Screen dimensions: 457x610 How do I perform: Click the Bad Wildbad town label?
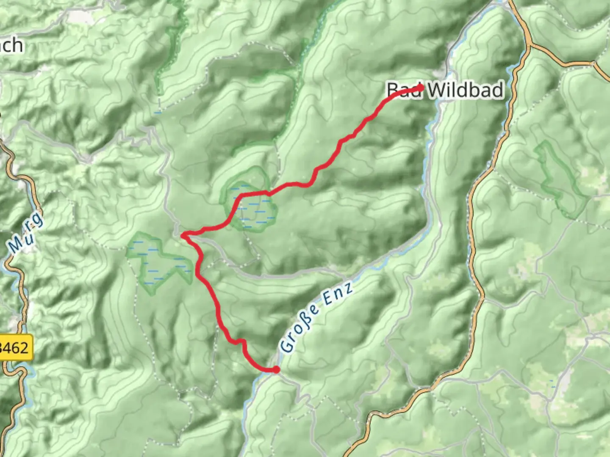[x=445, y=90]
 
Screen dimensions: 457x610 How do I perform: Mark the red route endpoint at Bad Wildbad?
[x=421, y=88]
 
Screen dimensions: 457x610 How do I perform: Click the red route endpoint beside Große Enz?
[x=276, y=370]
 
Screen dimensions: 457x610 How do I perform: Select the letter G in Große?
[x=287, y=346]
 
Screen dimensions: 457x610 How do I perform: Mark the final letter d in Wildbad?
[x=497, y=90]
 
